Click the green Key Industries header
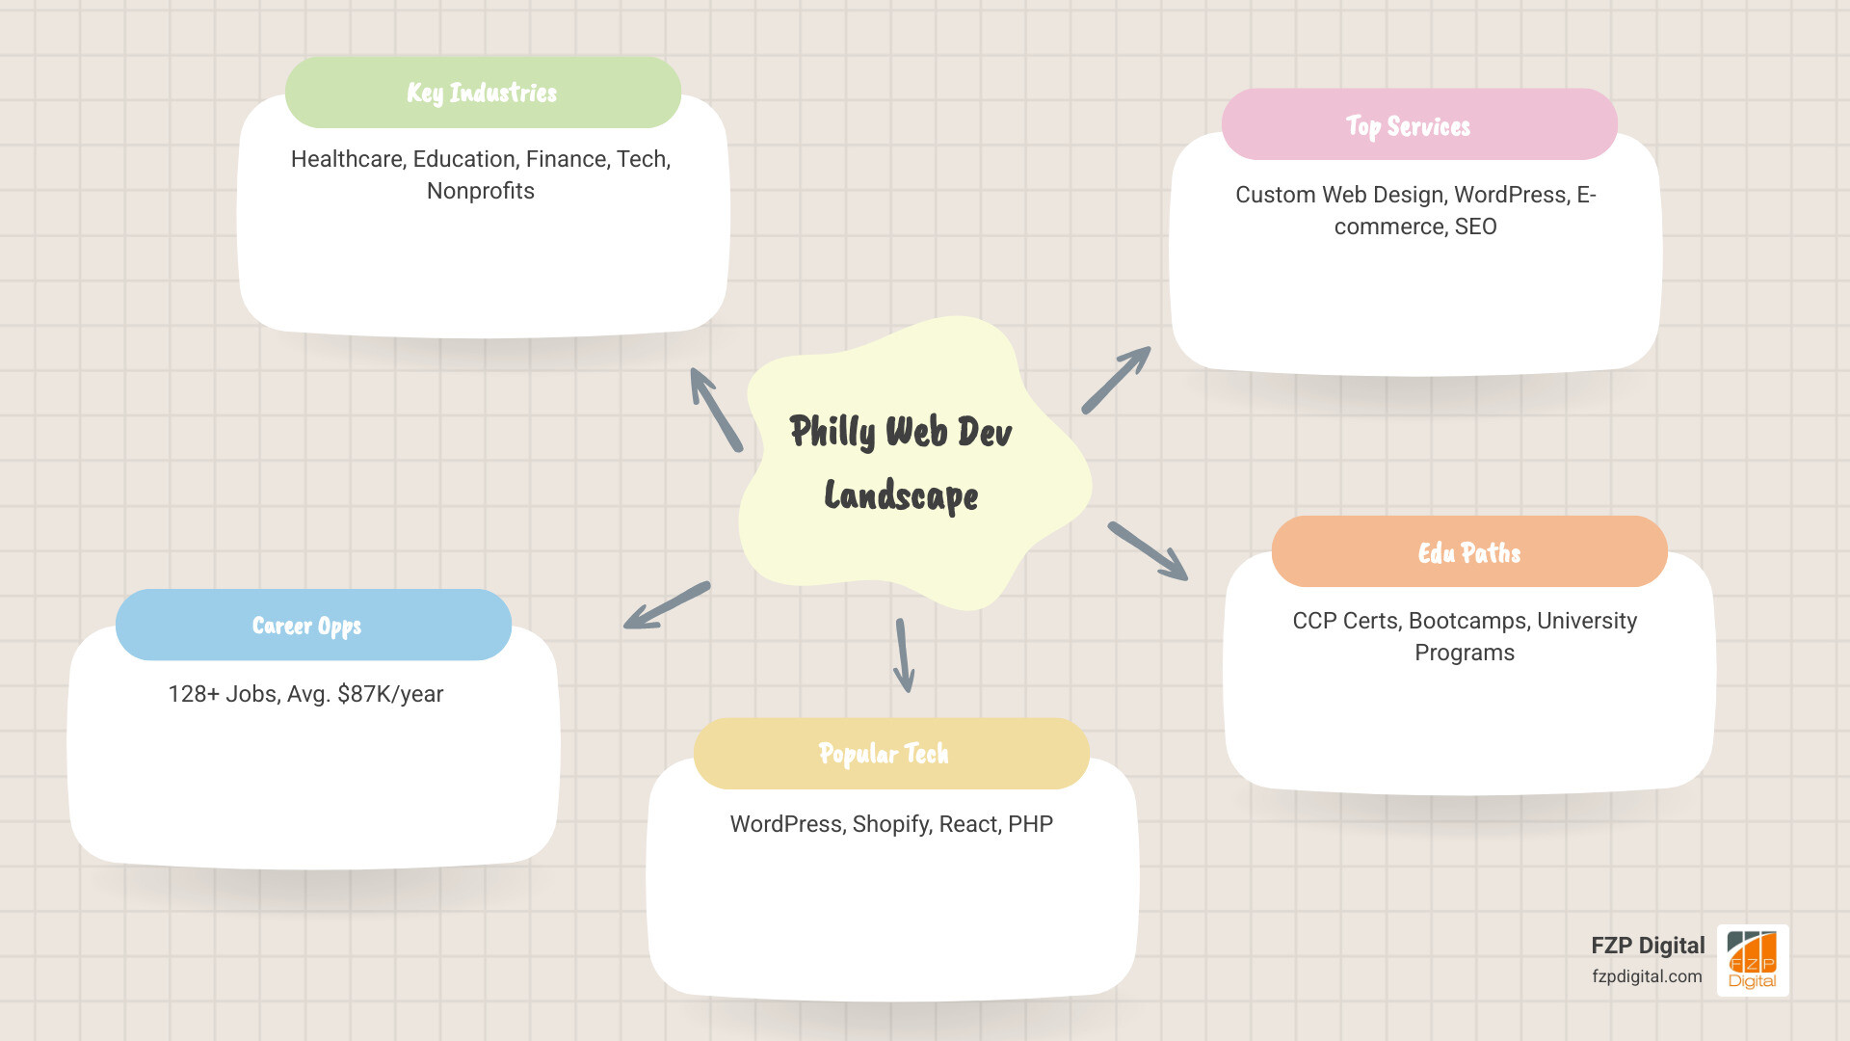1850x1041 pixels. coord(483,93)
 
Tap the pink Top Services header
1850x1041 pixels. coord(1418,125)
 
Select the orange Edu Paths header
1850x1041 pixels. coord(1468,552)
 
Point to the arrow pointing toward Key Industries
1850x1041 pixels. coord(716,410)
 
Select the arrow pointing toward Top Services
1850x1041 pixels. coord(1116,381)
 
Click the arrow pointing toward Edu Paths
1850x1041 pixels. coord(1148,551)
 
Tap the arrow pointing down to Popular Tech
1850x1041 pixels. coord(904,655)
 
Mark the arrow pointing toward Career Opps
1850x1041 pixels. coord(666,606)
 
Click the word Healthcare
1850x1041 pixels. coord(348,159)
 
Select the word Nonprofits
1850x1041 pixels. coord(480,191)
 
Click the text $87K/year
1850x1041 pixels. coord(390,694)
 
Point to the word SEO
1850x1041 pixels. coord(1475,227)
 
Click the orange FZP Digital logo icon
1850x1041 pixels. coord(1752,960)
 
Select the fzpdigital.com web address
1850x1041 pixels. coord(1647,976)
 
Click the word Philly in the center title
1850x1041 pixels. coord(832,432)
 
